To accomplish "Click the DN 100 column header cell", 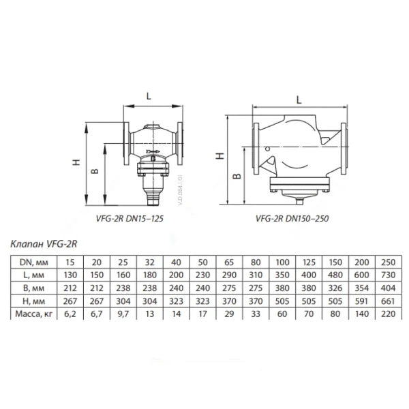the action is [282, 262].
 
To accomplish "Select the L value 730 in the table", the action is [388, 275].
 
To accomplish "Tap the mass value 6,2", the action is [70, 314].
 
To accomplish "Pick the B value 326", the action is [335, 288].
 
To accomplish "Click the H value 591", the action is [362, 301].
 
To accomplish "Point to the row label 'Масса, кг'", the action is [33, 314].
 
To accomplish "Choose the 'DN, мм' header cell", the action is [33, 262].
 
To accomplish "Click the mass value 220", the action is [388, 314].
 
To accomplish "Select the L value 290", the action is [229, 275].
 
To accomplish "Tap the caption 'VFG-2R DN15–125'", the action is [130, 218].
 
